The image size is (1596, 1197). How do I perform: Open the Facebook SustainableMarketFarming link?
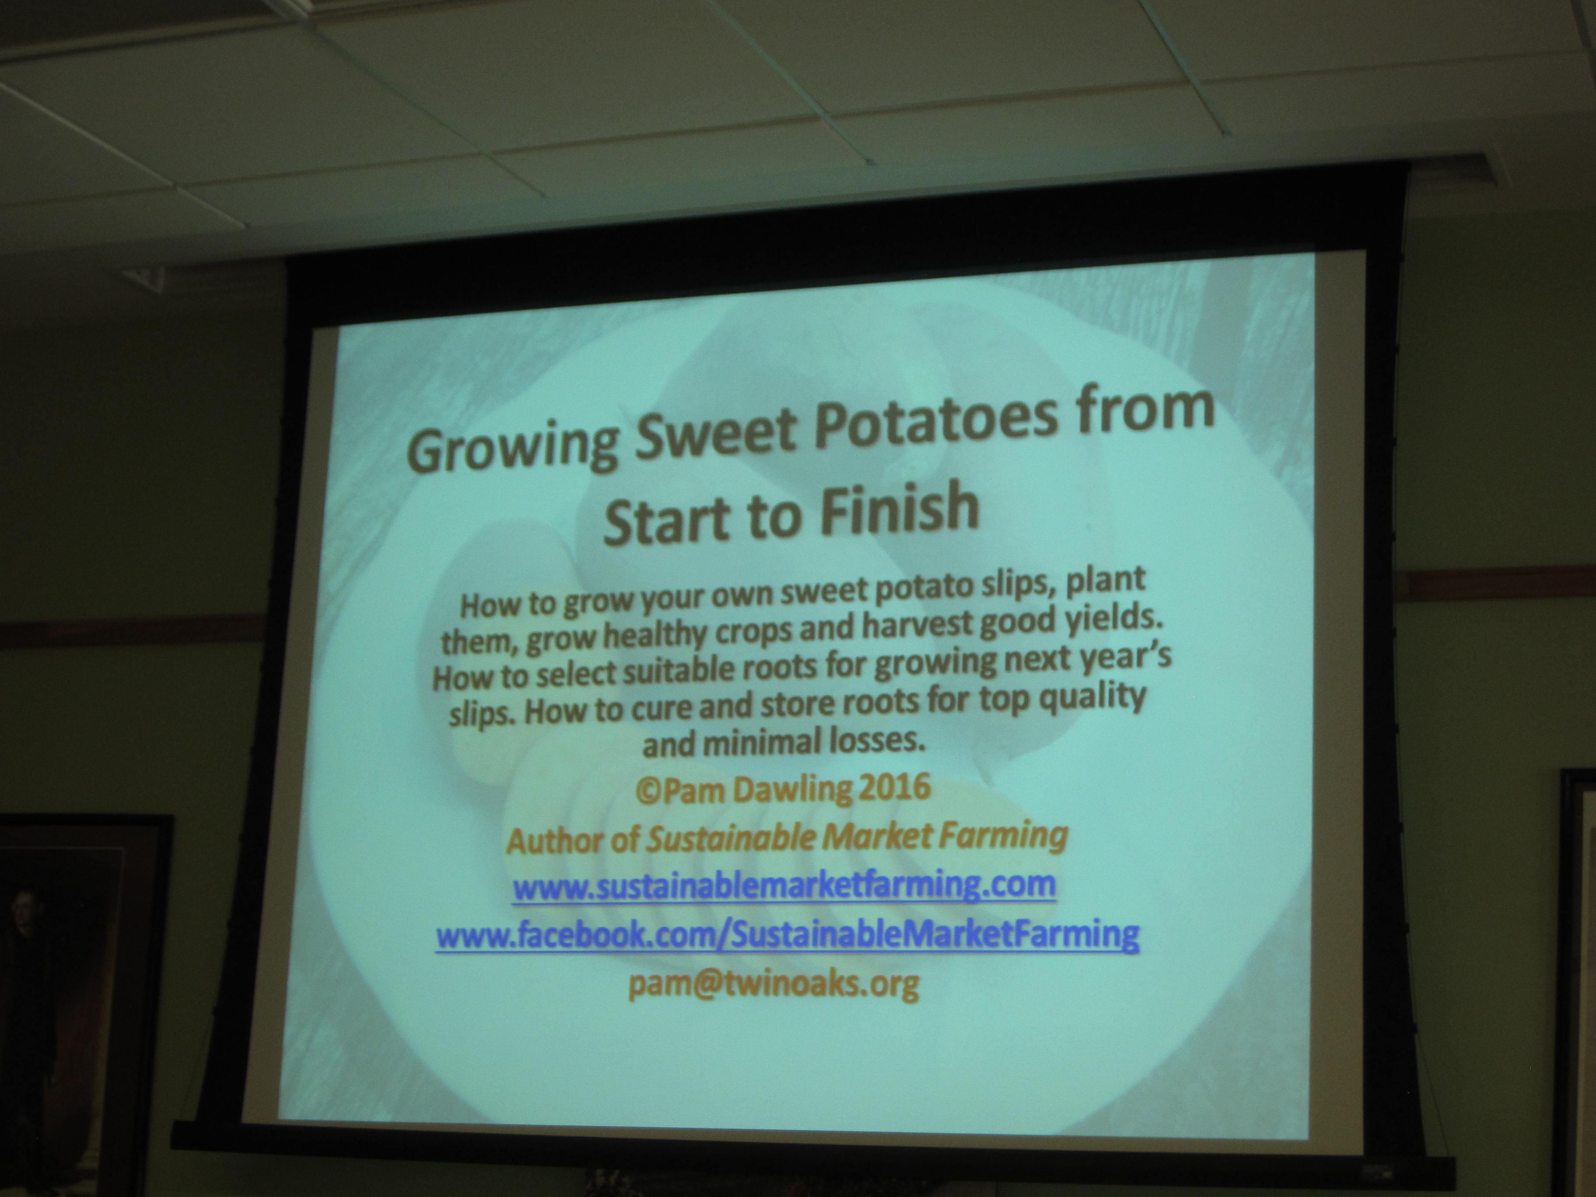coord(787,935)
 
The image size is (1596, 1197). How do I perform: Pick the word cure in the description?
coord(657,710)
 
